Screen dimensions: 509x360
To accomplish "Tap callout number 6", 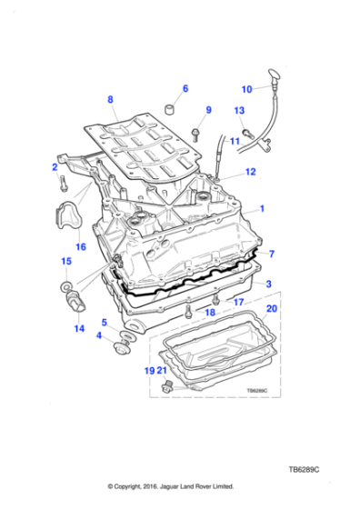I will tap(185, 88).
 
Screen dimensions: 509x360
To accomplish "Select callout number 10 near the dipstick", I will tap(245, 89).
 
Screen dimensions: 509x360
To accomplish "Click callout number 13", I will tap(239, 111).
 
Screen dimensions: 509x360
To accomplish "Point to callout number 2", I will tap(54, 167).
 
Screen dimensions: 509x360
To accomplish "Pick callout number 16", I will tap(80, 246).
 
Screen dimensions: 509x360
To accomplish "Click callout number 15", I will tap(65, 262).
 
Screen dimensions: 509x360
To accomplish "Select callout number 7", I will tap(270, 254).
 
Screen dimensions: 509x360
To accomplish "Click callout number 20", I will tap(270, 308).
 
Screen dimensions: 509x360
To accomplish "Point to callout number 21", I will tap(162, 371).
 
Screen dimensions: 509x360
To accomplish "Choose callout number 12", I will tap(250, 171).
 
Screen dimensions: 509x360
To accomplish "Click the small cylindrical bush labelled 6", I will tap(168, 112).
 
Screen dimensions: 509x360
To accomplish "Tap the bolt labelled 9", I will tap(195, 134).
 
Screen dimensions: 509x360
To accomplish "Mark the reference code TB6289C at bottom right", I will tap(306, 470).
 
